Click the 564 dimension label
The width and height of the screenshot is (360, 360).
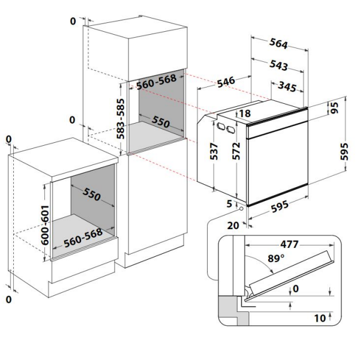pyautogui.click(x=278, y=43)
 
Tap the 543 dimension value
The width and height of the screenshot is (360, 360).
pyautogui.click(x=278, y=65)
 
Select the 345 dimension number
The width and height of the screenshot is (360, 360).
pyautogui.click(x=287, y=86)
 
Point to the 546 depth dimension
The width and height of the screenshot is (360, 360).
pyautogui.click(x=226, y=82)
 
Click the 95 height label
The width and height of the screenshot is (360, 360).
pyautogui.click(x=335, y=107)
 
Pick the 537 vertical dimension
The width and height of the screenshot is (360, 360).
pyautogui.click(x=214, y=151)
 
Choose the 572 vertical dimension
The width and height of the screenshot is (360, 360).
pyautogui.click(x=236, y=151)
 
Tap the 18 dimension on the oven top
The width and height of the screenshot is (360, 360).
pyautogui.click(x=245, y=113)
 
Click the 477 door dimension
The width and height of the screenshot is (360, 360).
pyautogui.click(x=289, y=244)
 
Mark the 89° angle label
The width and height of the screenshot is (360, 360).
pyautogui.click(x=276, y=259)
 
